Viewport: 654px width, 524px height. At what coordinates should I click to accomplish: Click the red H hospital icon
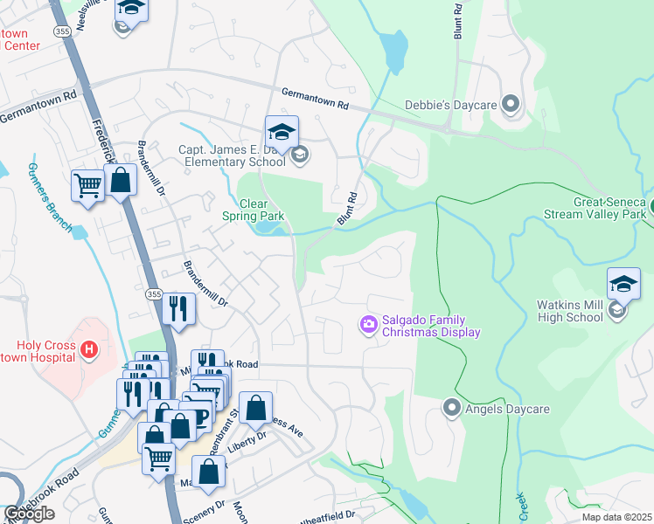pyautogui.click(x=87, y=350)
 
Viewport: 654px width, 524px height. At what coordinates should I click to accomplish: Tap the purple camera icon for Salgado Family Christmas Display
pyautogui.click(x=368, y=325)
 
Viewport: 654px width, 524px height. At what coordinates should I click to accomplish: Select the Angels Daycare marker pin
pyautogui.click(x=451, y=407)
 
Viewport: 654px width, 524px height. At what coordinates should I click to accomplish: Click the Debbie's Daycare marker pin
pyautogui.click(x=511, y=105)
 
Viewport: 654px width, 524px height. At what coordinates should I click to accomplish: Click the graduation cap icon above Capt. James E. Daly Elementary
pyautogui.click(x=282, y=133)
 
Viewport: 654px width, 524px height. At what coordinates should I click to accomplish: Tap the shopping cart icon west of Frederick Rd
pyautogui.click(x=87, y=186)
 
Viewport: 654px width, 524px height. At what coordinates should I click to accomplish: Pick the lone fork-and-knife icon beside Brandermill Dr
pyautogui.click(x=177, y=309)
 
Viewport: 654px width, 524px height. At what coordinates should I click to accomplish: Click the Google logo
pyautogui.click(x=29, y=514)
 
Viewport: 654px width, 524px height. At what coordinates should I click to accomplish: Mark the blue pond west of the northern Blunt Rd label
pyautogui.click(x=395, y=54)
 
